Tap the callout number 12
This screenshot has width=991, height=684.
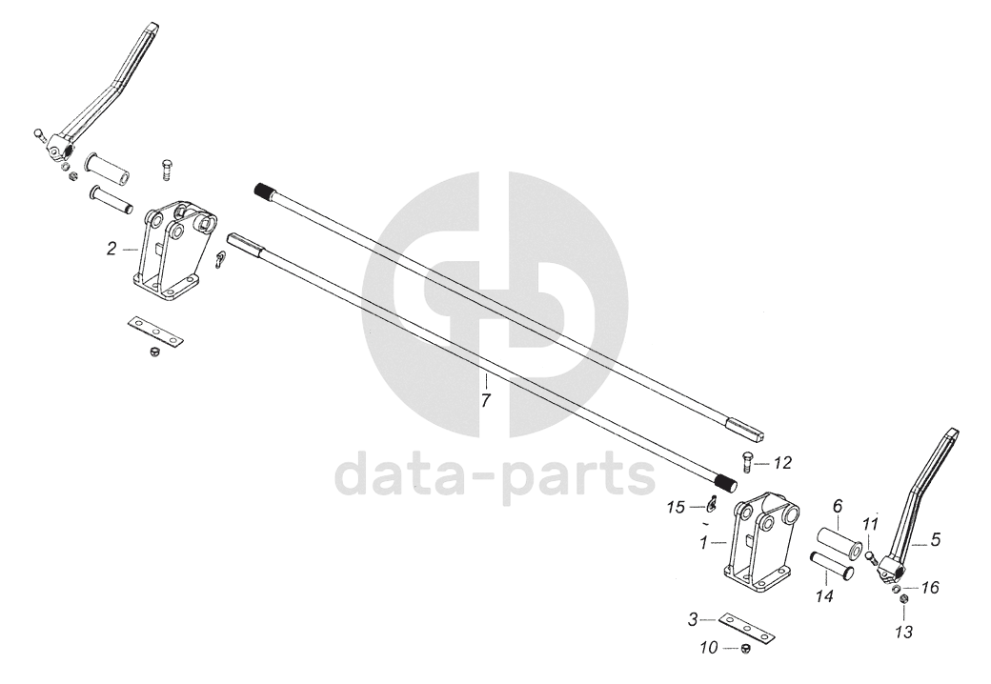pyautogui.click(x=782, y=463)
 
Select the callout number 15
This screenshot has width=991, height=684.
pyautogui.click(x=676, y=508)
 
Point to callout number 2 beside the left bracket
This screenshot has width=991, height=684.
pyautogui.click(x=112, y=249)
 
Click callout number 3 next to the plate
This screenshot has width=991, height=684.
pyautogui.click(x=693, y=620)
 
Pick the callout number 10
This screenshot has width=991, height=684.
pyautogui.click(x=709, y=649)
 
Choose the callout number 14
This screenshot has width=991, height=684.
pyautogui.click(x=824, y=596)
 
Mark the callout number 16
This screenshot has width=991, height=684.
pyautogui.click(x=930, y=588)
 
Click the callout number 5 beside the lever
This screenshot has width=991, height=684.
pyautogui.click(x=935, y=540)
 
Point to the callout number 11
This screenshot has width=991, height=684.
pyautogui.click(x=869, y=524)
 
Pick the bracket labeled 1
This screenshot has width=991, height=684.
pyautogui.click(x=759, y=548)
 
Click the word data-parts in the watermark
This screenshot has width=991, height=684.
pyautogui.click(x=496, y=473)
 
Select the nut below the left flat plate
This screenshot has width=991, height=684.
pyautogui.click(x=152, y=353)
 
